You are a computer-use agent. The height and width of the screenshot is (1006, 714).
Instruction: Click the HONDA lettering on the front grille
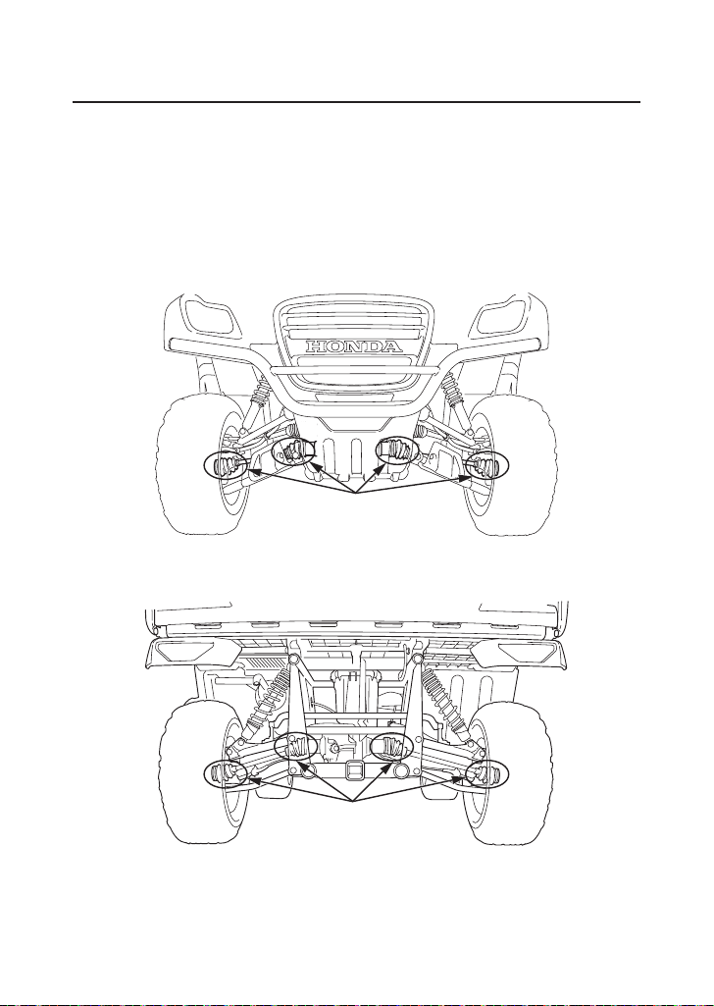click(354, 346)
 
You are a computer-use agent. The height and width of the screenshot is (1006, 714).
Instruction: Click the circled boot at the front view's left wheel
click(227, 466)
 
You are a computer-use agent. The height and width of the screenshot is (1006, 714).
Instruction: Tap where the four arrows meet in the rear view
click(352, 801)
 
